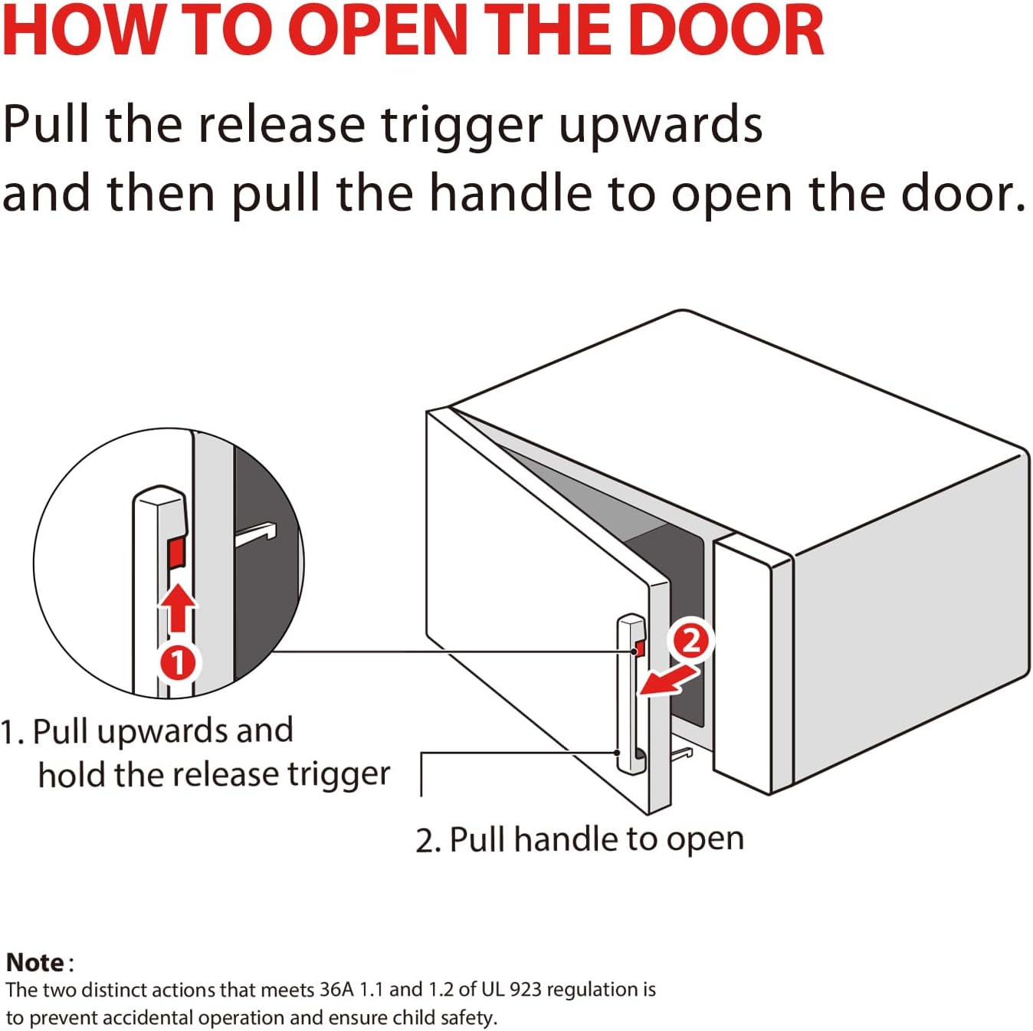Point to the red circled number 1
pyautogui.click(x=177, y=662)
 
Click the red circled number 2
pyautogui.click(x=690, y=640)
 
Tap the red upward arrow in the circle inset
pyautogui.click(x=178, y=606)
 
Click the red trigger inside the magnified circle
pyautogui.click(x=177, y=552)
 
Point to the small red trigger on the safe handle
pyautogui.click(x=640, y=648)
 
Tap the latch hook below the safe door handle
pyautogui.click(x=681, y=755)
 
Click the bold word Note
pyautogui.click(x=35, y=963)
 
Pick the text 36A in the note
pyautogui.click(x=336, y=990)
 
